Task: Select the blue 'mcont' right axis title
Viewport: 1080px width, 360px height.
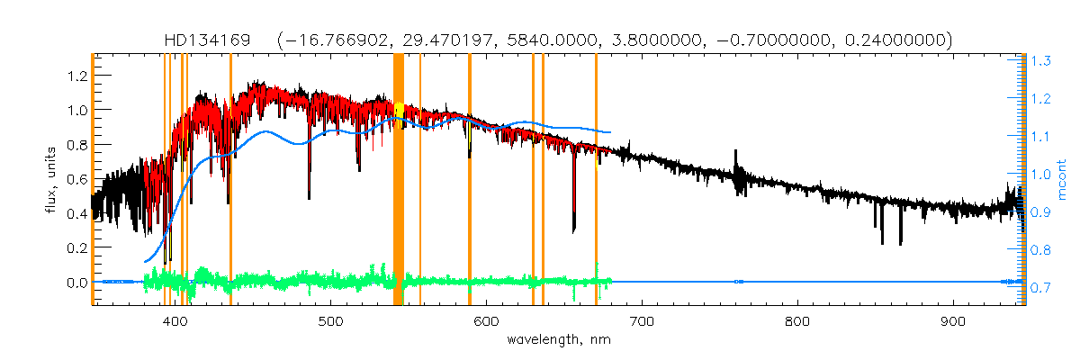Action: click(1062, 179)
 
